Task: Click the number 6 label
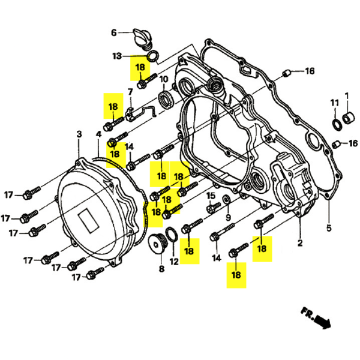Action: click(113, 32)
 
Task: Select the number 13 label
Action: click(117, 56)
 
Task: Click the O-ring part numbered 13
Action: click(152, 57)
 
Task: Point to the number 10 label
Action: click(163, 79)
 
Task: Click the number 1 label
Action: click(346, 95)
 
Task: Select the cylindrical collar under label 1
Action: click(347, 115)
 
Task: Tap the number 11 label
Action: click(335, 103)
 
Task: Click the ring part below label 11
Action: click(338, 125)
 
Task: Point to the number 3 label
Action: click(79, 134)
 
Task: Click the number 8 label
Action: click(161, 269)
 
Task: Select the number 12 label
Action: click(174, 262)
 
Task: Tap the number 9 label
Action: click(228, 217)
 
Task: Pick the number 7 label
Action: click(130, 92)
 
